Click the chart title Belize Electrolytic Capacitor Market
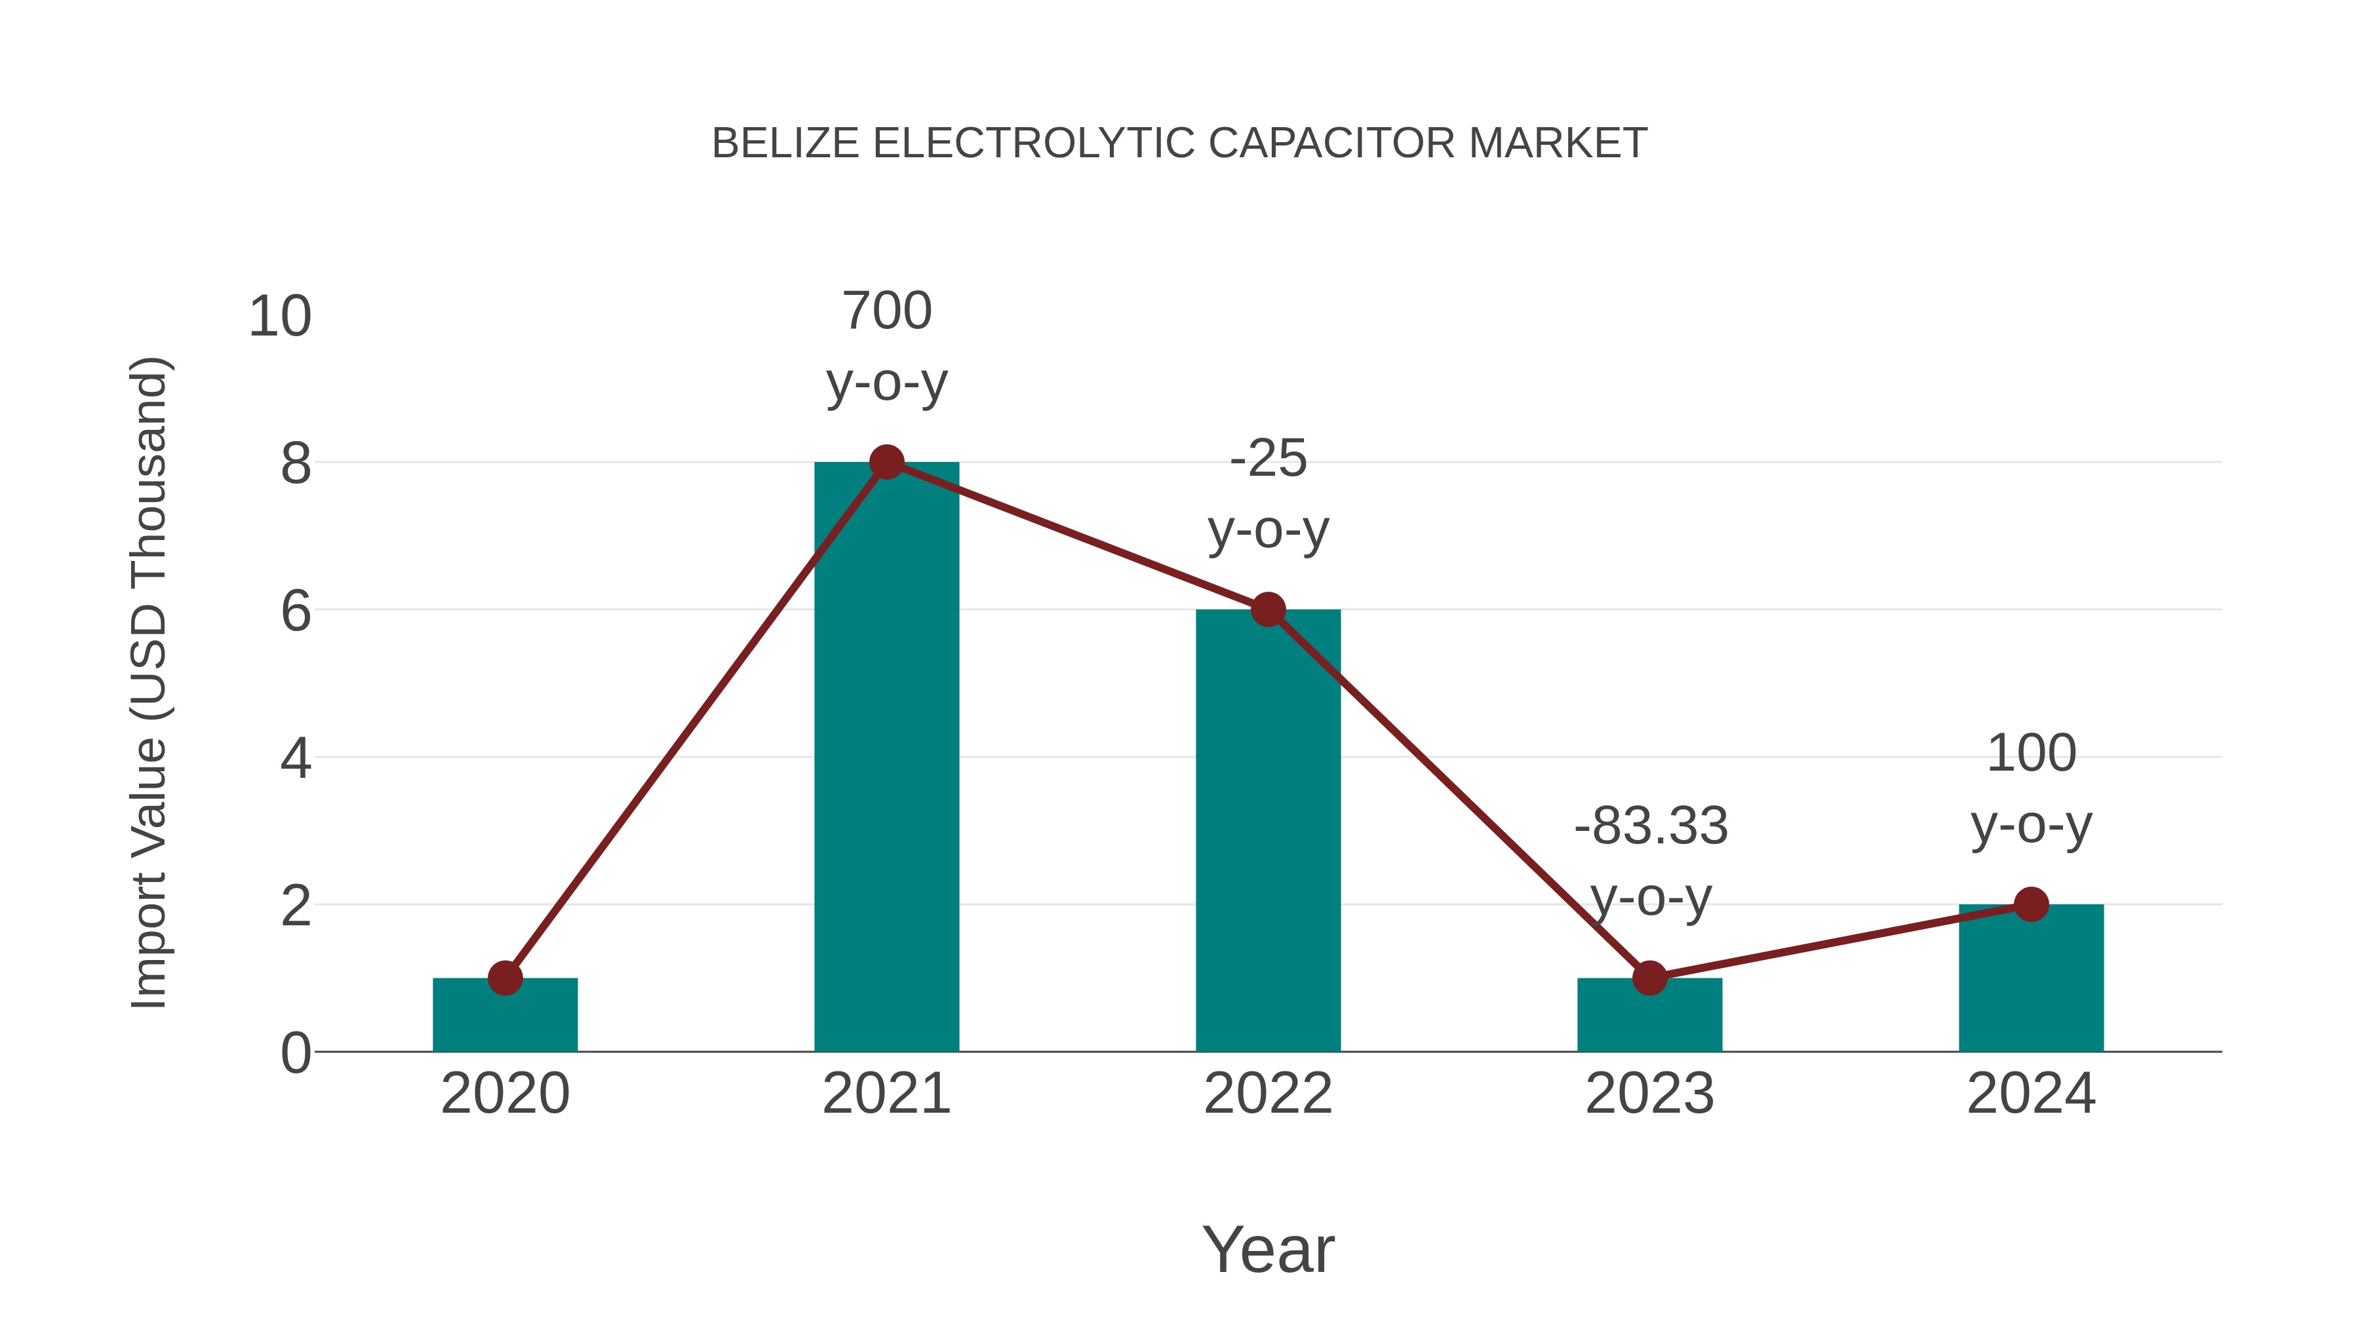1179,144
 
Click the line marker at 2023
1649,978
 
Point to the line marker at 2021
886,463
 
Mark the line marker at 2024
2030,905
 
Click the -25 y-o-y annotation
1268,495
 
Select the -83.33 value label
1650,826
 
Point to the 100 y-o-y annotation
2030,790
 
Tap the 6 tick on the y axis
296,611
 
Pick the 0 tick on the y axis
296,1053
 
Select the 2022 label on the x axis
1267,1094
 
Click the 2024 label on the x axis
2030,1094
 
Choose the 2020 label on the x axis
505,1094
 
